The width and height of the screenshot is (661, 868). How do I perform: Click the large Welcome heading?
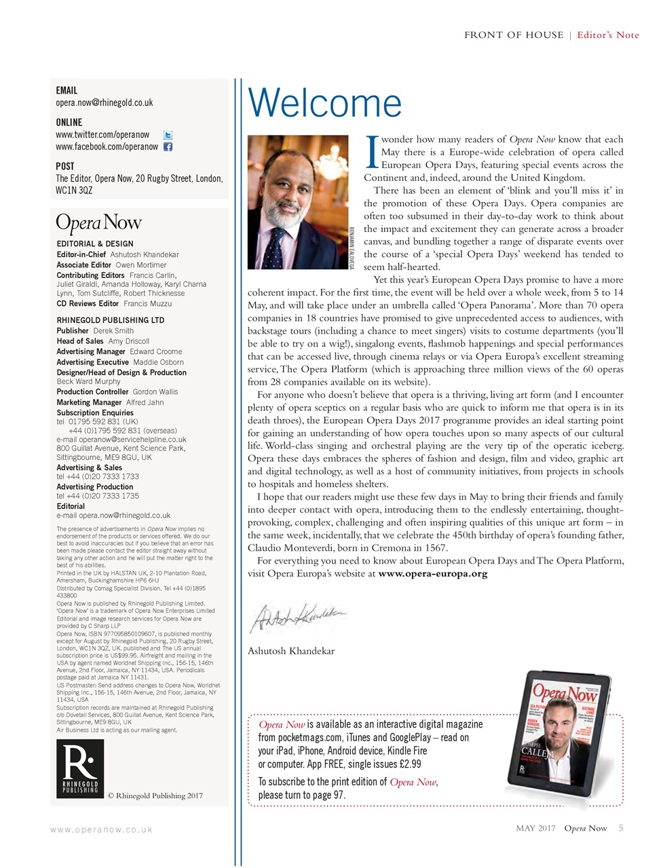pyautogui.click(x=325, y=103)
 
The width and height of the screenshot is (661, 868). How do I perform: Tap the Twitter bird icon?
pyautogui.click(x=168, y=135)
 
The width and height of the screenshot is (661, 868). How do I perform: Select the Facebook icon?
pyautogui.click(x=168, y=146)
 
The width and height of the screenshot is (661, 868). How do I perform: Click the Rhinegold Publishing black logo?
pyautogui.click(x=80, y=769)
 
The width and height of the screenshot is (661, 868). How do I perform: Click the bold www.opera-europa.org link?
pyautogui.click(x=432, y=574)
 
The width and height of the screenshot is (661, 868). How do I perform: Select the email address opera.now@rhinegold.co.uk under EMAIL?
pyautogui.click(x=104, y=103)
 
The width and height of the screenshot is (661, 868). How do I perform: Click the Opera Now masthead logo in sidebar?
pyautogui.click(x=98, y=222)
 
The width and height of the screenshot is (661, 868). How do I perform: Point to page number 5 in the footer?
pyautogui.click(x=620, y=828)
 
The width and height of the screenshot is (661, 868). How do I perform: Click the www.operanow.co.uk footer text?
pyautogui.click(x=101, y=829)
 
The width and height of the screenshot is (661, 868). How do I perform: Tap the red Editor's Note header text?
pyautogui.click(x=608, y=35)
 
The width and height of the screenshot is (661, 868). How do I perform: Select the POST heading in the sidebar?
pyautogui.click(x=65, y=166)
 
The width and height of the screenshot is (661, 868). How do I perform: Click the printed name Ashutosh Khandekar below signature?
pyautogui.click(x=290, y=651)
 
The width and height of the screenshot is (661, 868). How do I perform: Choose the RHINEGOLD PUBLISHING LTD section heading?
pyautogui.click(x=110, y=320)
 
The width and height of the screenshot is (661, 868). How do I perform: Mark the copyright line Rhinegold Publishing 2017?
pyautogui.click(x=155, y=795)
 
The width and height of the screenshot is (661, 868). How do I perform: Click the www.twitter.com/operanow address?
pyautogui.click(x=102, y=135)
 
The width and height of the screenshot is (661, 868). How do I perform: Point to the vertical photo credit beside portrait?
pyautogui.click(x=352, y=248)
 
